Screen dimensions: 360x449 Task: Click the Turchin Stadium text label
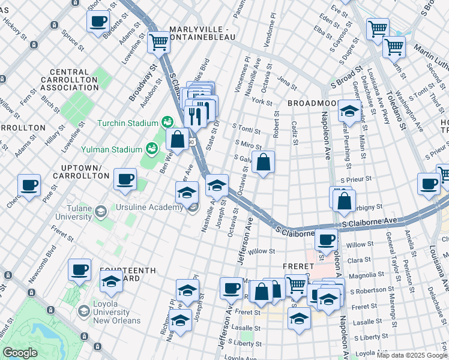[x=126, y=124]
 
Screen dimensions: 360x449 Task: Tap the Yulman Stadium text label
[x=116, y=151]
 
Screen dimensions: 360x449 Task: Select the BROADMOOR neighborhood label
[x=314, y=103]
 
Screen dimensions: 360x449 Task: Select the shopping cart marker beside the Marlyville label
[x=158, y=43]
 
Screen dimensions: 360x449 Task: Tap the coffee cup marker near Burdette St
[x=98, y=21]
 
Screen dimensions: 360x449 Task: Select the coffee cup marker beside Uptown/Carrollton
[x=125, y=179]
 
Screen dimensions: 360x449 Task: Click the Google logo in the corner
[x=20, y=353]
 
